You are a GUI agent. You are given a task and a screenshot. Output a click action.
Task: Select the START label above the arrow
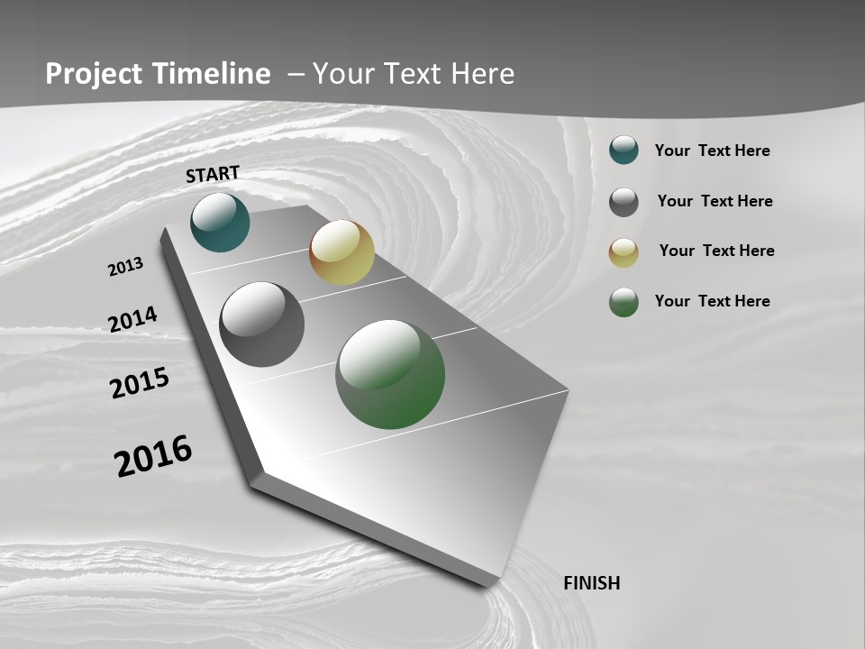213,174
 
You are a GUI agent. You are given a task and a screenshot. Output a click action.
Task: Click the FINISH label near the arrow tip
592,583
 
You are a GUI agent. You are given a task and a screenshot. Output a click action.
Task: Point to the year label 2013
125,267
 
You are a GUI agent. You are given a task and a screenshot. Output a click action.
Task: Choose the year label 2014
132,320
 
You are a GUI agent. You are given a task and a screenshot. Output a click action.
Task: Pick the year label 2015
140,383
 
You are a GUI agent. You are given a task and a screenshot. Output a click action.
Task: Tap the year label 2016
153,455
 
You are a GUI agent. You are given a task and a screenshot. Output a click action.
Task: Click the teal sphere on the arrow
220,222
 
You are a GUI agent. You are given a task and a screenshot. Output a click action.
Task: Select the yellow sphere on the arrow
341,252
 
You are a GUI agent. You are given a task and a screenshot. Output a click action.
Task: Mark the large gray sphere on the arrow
261,324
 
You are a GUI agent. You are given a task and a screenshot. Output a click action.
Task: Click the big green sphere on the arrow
390,374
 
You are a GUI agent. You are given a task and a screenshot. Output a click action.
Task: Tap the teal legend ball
624,151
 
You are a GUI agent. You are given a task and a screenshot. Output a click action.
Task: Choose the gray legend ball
624,202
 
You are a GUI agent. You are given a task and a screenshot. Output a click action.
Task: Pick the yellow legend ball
624,252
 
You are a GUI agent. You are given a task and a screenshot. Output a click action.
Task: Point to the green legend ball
624,302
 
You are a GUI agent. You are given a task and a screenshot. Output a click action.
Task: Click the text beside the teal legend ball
712,151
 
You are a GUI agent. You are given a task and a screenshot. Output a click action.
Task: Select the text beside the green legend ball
712,301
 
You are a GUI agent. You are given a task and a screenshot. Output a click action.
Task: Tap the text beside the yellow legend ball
716,251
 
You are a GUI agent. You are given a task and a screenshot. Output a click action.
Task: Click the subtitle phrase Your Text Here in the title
414,74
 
